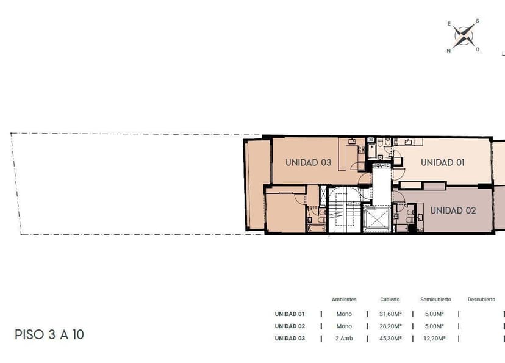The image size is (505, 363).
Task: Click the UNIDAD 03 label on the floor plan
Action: (x=308, y=162)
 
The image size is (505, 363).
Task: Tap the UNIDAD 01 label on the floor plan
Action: (x=443, y=162)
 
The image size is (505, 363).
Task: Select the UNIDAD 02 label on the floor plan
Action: (x=453, y=210)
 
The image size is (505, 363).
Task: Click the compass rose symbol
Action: (x=464, y=36)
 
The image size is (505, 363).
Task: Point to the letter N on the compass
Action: (x=448, y=51)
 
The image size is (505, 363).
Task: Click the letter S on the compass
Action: (x=478, y=21)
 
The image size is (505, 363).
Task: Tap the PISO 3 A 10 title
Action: (x=49, y=335)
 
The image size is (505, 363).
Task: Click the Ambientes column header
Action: (x=344, y=300)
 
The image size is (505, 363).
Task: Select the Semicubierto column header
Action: (x=435, y=300)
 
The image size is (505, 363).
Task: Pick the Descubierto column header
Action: (x=481, y=300)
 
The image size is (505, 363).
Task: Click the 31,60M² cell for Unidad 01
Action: (x=390, y=314)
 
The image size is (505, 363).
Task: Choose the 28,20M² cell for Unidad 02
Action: (x=390, y=326)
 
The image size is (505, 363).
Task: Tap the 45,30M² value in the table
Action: (x=390, y=338)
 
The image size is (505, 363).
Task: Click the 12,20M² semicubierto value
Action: (x=435, y=338)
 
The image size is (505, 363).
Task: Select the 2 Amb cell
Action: (x=344, y=338)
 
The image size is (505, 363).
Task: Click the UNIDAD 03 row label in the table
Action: (x=290, y=338)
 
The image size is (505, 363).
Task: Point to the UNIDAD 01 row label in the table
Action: (x=290, y=314)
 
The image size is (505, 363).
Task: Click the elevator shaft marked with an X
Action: (x=376, y=219)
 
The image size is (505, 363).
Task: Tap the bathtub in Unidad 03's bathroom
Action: (x=317, y=228)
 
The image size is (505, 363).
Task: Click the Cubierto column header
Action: (x=390, y=300)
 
